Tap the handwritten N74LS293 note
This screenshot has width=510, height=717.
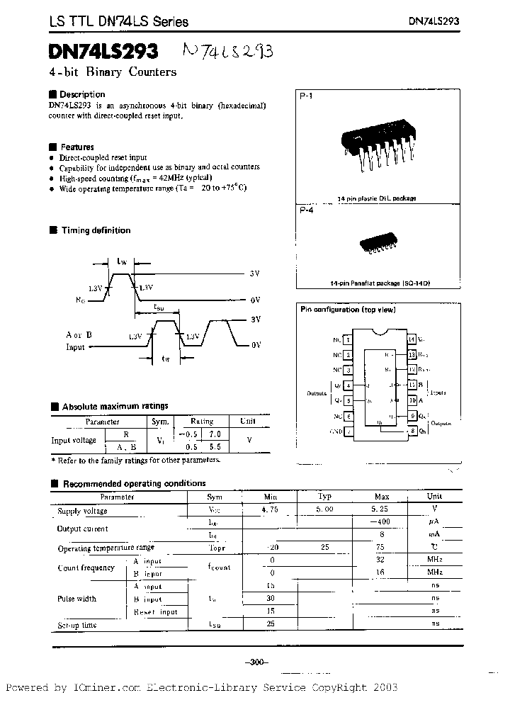[x=227, y=52]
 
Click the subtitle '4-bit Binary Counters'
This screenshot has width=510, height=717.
[x=113, y=72]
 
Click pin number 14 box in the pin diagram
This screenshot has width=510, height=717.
[x=412, y=339]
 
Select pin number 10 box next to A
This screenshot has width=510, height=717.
[x=412, y=400]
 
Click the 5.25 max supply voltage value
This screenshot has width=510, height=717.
[x=382, y=509]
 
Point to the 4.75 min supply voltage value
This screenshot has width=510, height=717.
[x=270, y=509]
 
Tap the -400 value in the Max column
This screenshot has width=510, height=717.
[x=382, y=521]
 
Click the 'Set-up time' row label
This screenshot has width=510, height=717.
[x=77, y=625]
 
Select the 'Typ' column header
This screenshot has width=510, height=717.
[x=324, y=497]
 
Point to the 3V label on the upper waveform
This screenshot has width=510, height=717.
[x=255, y=273]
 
